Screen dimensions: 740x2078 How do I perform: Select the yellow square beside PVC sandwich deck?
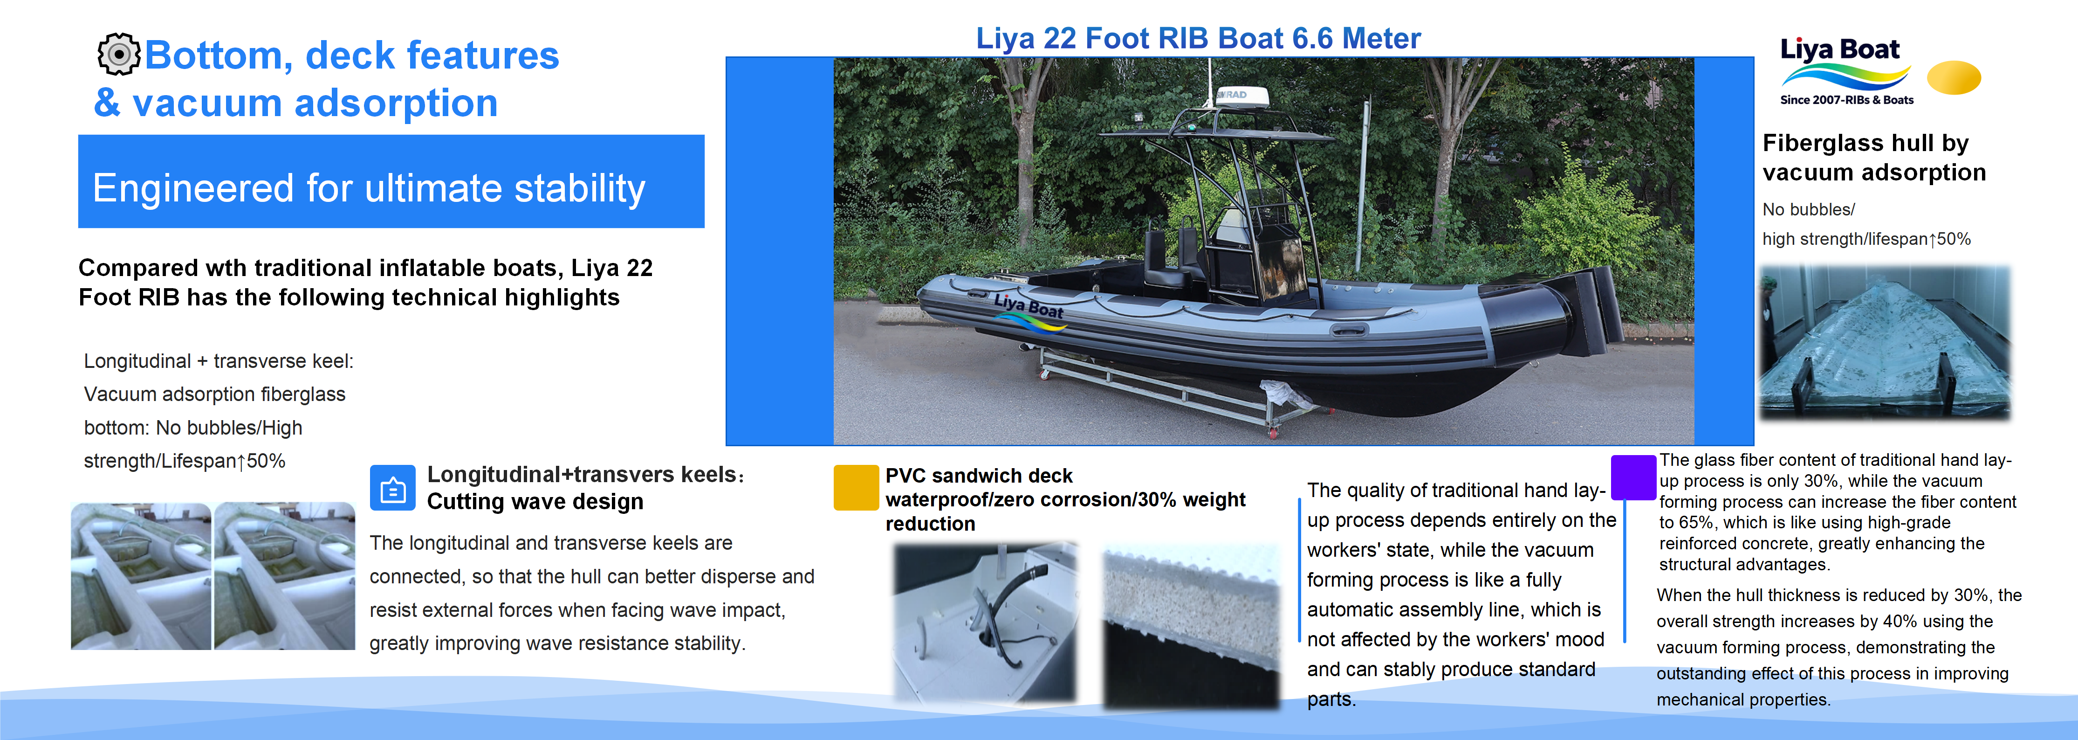click(856, 487)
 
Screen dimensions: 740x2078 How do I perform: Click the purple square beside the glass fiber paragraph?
click(1633, 477)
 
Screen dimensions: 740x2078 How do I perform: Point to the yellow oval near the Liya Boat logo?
click(1953, 77)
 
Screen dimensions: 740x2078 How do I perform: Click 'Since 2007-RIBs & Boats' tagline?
click(1846, 100)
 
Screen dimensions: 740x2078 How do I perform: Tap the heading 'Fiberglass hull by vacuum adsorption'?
click(1873, 157)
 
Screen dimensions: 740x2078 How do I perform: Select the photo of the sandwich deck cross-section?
click(1191, 626)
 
